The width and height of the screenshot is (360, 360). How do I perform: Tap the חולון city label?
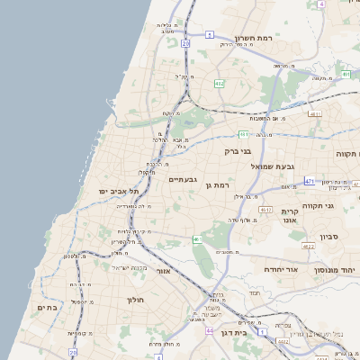click(136, 300)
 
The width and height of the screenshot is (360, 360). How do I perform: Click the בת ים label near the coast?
click(47, 307)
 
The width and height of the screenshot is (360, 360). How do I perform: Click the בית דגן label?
click(265, 331)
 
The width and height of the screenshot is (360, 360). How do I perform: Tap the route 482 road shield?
click(219, 83)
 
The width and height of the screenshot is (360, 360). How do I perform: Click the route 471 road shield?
click(309, 181)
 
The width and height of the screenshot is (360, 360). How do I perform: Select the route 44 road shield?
click(209, 331)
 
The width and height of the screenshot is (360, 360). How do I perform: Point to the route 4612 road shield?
click(265, 210)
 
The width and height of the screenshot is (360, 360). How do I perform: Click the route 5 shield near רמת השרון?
click(210, 34)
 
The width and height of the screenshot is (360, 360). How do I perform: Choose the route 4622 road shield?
click(307, 245)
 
